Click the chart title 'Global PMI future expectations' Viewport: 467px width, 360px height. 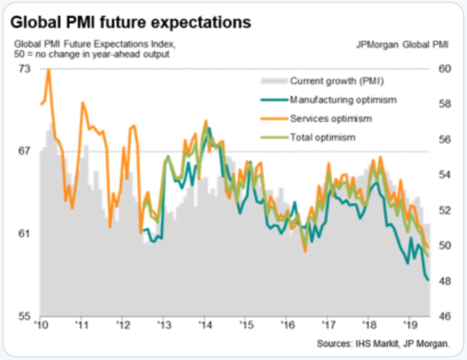[130, 22]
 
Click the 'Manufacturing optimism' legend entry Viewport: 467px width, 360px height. [343, 100]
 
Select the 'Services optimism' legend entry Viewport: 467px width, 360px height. [331, 118]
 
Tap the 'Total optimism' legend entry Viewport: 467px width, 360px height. [322, 137]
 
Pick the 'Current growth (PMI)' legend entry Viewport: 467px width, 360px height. [337, 81]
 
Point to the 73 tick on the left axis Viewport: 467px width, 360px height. [23, 69]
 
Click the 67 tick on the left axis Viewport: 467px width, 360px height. [23, 151]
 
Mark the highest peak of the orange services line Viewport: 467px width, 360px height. [49, 70]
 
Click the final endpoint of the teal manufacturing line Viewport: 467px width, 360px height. [429, 280]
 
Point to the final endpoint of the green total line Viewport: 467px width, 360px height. [429, 256]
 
